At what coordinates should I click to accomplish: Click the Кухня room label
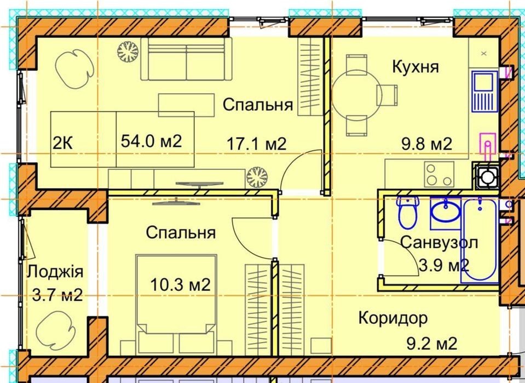coord(415,66)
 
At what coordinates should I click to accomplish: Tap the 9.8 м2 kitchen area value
coord(426,144)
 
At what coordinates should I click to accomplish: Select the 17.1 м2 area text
coord(256,144)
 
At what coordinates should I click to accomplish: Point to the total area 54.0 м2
coord(151,141)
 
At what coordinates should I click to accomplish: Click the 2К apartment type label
coord(62,144)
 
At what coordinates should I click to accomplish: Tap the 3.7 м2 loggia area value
coord(57,295)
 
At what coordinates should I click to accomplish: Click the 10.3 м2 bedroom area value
coord(180,285)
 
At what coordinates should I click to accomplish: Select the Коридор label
coord(393,318)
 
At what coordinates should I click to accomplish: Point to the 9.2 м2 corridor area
coord(432,344)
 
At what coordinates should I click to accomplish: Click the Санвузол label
coord(439,242)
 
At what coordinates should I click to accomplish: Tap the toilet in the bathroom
coord(408,212)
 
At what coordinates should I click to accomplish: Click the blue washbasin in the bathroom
coord(446,211)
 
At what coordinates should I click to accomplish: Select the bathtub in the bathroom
coord(480,240)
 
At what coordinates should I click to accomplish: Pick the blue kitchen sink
coord(484,91)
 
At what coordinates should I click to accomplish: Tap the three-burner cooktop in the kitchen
coord(439,174)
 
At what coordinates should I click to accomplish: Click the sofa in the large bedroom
coord(186,59)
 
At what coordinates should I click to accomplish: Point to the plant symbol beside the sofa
coord(128,52)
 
